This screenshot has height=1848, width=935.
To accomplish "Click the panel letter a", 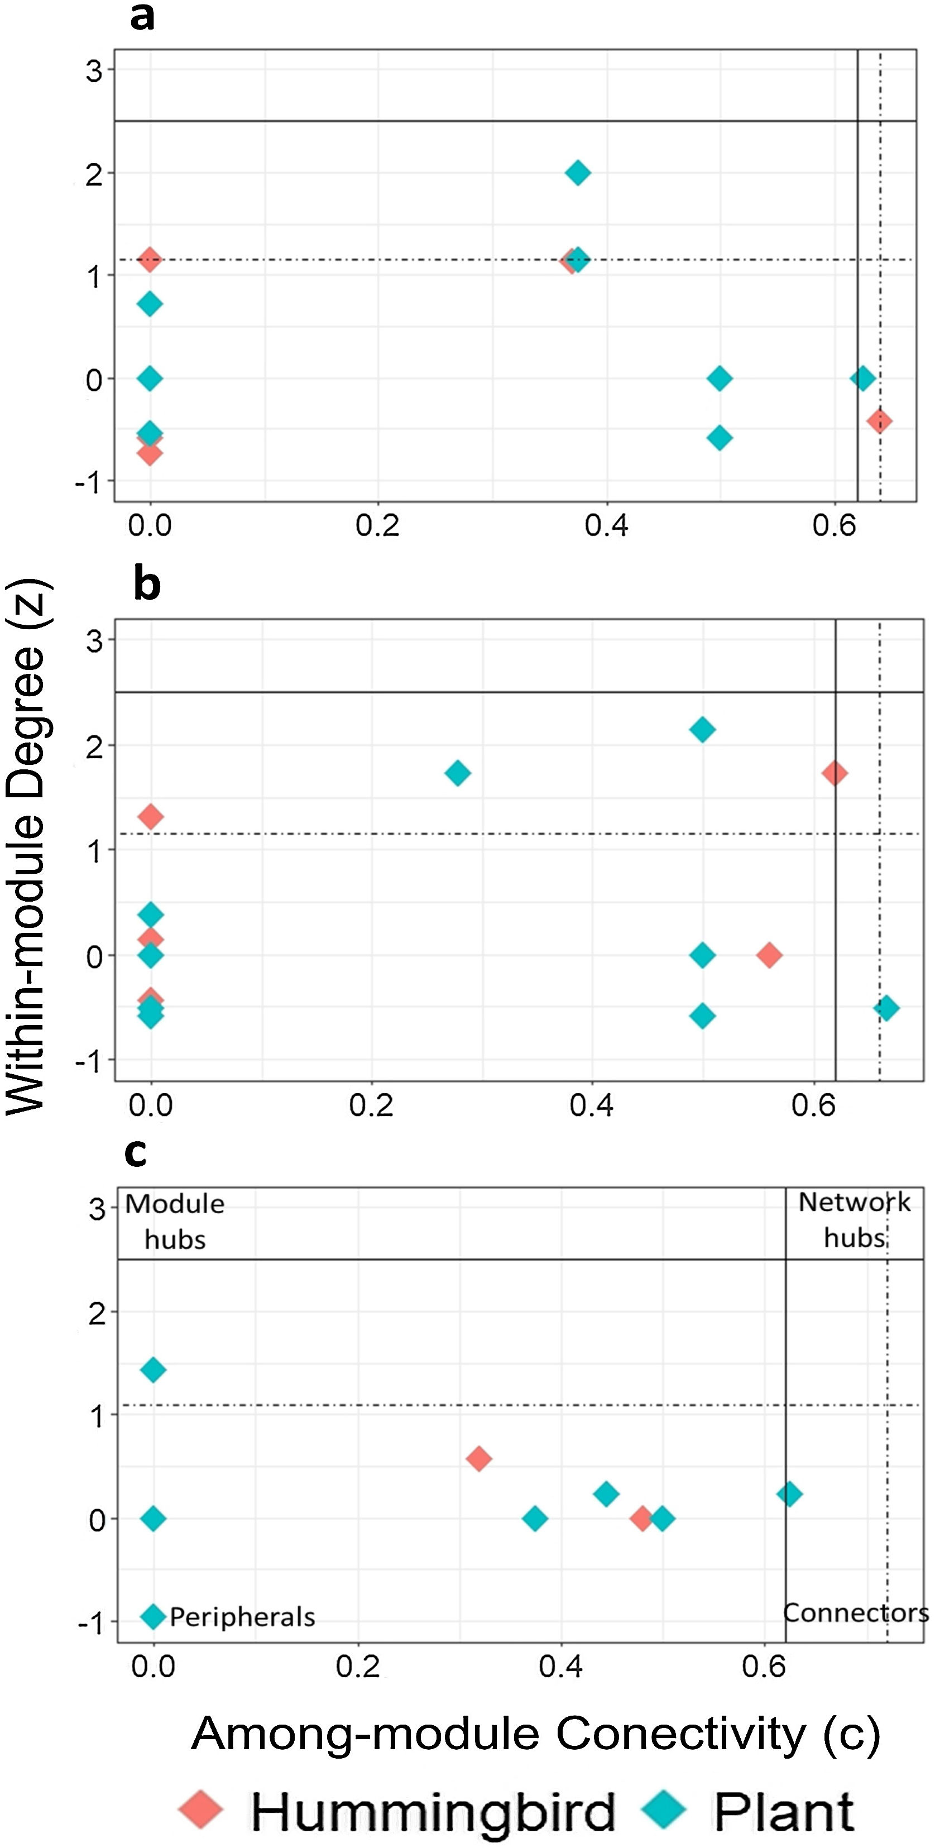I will pos(143,17).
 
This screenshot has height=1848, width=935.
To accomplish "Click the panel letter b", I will pos(147,585).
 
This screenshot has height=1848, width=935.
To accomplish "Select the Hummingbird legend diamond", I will pos(202,1809).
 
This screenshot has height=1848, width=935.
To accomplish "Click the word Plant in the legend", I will pos(783,1811).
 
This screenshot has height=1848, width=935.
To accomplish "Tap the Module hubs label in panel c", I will pos(175,1222).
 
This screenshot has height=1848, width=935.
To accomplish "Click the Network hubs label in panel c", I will pos(854,1220).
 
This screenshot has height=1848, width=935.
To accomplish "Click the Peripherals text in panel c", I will pos(242,1617).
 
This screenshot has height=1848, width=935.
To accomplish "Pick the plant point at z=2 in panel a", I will pos(577,173).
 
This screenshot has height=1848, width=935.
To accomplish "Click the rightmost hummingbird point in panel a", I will pos(879,420).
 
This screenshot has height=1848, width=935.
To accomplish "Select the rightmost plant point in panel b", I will pos(886,1007).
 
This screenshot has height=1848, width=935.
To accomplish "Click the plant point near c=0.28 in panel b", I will pos(458,773).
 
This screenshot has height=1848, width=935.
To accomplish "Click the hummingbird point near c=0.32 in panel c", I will pos(478,1458).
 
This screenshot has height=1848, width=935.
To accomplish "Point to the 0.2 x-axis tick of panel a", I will pos(378,526).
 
